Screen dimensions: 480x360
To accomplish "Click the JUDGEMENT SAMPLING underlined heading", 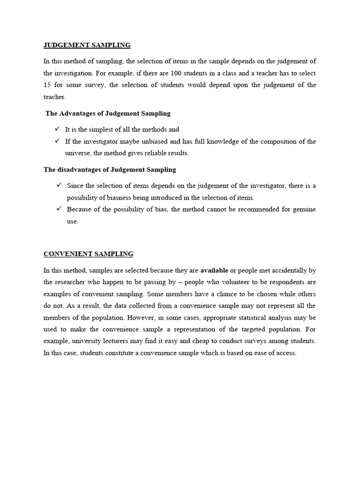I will (x=87, y=45).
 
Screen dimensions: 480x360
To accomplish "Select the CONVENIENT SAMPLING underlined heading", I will (x=88, y=254).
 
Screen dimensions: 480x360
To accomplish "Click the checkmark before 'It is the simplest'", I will (x=57, y=129).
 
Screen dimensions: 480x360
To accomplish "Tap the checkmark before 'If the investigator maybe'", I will (x=57, y=141).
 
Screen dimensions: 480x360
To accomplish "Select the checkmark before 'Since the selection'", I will (x=59, y=185).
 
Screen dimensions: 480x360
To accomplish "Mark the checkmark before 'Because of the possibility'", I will (x=59, y=209).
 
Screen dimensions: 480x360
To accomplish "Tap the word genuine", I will (x=303, y=210).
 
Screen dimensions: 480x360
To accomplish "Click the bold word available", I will (x=214, y=270).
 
